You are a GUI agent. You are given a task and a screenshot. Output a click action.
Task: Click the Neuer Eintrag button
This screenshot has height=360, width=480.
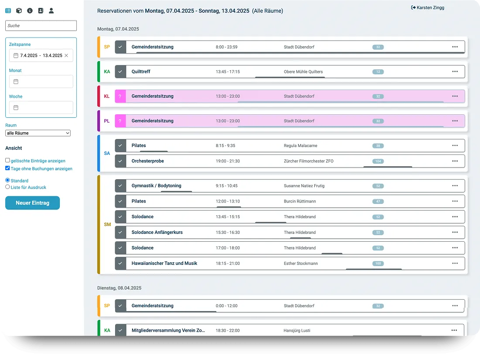click(32, 202)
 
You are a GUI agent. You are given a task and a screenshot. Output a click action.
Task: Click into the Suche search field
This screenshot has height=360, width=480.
click(41, 26)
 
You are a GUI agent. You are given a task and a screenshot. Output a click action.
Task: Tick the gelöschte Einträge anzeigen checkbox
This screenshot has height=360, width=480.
click(7, 160)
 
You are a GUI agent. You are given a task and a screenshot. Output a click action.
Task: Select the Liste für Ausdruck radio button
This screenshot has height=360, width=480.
click(7, 187)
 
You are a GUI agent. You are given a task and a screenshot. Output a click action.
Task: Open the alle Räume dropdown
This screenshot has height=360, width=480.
click(38, 133)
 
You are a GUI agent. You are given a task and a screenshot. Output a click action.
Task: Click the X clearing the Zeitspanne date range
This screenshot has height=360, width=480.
click(66, 55)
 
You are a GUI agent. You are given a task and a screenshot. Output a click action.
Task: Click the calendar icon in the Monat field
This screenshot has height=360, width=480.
click(16, 82)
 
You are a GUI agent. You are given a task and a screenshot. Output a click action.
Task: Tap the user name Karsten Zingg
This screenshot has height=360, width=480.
click(430, 8)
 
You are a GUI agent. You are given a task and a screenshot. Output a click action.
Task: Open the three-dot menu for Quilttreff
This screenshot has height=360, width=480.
click(455, 72)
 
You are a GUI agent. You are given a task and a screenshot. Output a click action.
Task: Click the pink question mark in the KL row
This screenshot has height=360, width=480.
click(120, 96)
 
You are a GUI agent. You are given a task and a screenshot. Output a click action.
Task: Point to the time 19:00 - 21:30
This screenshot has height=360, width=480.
click(228, 161)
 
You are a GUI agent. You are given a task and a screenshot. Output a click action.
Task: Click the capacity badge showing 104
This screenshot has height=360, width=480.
click(378, 161)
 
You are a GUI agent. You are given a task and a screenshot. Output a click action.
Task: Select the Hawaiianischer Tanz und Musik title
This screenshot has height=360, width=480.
click(165, 263)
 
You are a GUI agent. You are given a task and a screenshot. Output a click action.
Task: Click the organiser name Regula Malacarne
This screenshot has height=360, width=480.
click(301, 146)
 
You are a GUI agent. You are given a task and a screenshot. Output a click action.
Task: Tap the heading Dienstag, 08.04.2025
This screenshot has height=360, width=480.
click(120, 288)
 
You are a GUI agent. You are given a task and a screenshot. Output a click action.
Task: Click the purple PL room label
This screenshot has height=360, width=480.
click(106, 121)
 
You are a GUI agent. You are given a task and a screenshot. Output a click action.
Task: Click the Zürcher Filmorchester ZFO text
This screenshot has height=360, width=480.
click(309, 161)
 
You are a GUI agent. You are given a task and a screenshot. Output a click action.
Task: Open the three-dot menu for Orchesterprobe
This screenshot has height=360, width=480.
click(455, 161)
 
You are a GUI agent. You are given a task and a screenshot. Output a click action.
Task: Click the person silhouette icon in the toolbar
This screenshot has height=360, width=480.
click(51, 11)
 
